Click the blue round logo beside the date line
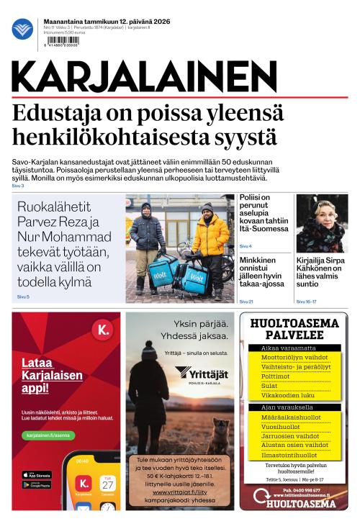pyautogui.click(x=22, y=30)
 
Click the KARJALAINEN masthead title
pyautogui.click(x=144, y=76)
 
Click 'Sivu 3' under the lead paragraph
pyautogui.click(x=18, y=186)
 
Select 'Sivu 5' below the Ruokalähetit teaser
pyautogui.click(x=23, y=297)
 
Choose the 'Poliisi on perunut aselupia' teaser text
pyautogui.click(x=264, y=213)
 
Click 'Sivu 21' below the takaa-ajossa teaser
pyautogui.click(x=246, y=301)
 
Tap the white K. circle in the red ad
pyautogui.click(x=102, y=331)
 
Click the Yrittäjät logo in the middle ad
pyautogui.click(x=202, y=374)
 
